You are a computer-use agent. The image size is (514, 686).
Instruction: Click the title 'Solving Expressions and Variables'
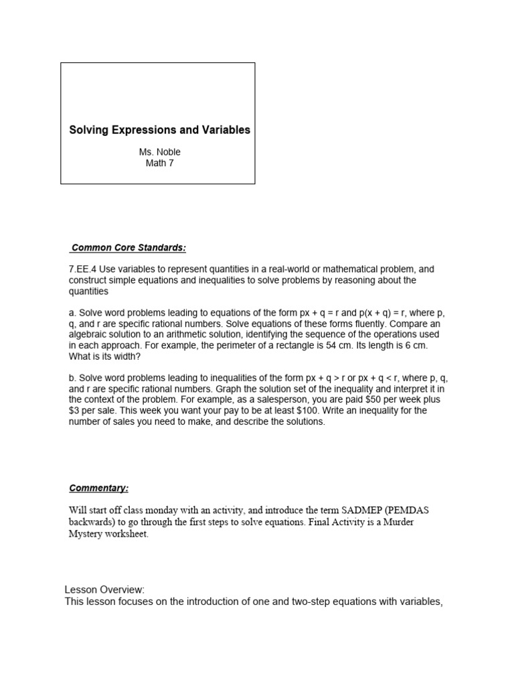160,130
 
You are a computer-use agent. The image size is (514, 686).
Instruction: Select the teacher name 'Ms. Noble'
159,152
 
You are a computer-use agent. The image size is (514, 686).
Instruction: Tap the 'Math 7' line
159,163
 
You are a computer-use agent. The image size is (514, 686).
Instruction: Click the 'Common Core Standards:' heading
128,248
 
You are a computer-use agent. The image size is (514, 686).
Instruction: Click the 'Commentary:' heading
99,488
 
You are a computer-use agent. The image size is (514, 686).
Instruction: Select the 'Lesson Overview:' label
104,590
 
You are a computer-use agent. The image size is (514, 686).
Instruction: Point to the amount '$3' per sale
76,411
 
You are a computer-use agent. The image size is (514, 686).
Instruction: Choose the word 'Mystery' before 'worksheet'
87,534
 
